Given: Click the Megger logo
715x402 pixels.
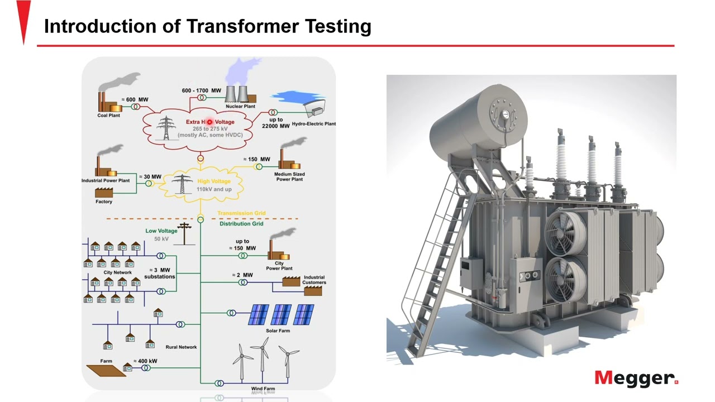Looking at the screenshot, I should tap(636, 378).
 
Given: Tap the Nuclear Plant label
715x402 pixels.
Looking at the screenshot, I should tap(240, 106).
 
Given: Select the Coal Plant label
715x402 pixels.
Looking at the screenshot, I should tap(108, 116).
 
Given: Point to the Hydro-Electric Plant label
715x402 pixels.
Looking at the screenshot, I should tap(313, 124).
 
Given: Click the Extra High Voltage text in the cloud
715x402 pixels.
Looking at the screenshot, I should tap(210, 122).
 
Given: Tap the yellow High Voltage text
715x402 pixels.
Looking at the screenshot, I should tap(213, 181).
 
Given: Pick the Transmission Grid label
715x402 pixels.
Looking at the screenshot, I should tap(241, 213).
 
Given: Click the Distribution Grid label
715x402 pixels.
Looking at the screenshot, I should tap(241, 224).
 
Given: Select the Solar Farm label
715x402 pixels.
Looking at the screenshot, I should tap(278, 331).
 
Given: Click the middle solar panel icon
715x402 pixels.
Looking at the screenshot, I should tap(281, 315).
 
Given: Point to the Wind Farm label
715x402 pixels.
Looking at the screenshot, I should tap(263, 389).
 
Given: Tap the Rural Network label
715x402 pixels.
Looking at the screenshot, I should tap(181, 347).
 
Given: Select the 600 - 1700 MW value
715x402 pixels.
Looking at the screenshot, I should tap(201, 90).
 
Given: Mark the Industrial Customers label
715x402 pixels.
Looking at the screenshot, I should tap(314, 280).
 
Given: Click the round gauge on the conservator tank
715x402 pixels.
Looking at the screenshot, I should tap(506, 114).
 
